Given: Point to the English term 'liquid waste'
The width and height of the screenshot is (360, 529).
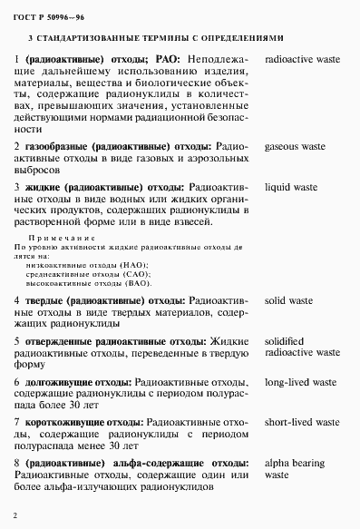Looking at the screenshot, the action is (x=290, y=188).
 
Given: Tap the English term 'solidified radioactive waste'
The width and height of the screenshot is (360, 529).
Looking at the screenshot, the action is (x=301, y=346).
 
